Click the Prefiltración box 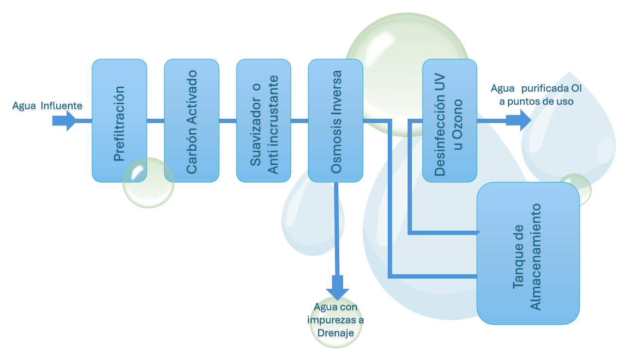(119, 111)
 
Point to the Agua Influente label (47, 106)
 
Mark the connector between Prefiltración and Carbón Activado (156, 121)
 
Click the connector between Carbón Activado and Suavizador (228, 121)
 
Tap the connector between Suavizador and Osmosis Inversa (300, 121)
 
